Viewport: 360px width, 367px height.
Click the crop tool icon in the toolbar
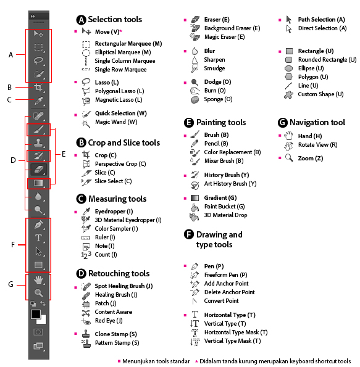(38, 88)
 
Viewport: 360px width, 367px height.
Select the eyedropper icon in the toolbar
(39, 101)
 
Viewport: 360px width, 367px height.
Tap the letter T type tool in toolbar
(38, 238)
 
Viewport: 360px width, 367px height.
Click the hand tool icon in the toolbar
(38, 279)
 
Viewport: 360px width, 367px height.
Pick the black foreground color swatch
(36, 315)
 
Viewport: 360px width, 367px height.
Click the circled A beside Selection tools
(81, 20)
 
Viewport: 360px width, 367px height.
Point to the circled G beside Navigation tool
(283, 123)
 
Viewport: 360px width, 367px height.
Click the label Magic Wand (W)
(116, 122)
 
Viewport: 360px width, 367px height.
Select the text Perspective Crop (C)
(120, 164)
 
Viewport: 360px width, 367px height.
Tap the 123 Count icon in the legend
(86, 255)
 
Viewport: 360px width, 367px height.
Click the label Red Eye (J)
(109, 320)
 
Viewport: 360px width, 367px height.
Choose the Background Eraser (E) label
(232, 28)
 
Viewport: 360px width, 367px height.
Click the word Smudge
(214, 68)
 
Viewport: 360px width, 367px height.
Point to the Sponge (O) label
(218, 99)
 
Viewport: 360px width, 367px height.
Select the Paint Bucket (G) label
(224, 207)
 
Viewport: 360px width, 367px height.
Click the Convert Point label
(221, 301)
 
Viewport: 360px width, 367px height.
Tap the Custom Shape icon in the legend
(288, 94)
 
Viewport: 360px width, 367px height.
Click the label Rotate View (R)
(317, 145)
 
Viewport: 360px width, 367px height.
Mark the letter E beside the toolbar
(64, 154)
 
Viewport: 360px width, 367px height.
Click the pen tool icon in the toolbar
(38, 225)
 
